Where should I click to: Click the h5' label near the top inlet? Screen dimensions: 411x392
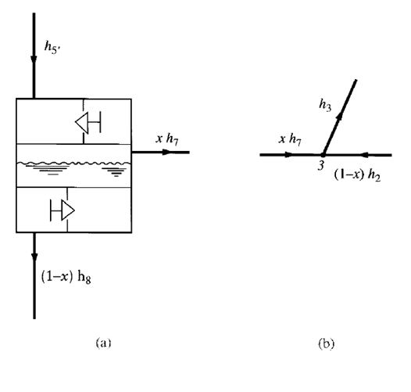coord(52,48)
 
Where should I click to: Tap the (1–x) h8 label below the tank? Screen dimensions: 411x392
coord(66,277)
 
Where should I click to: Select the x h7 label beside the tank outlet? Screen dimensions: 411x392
coord(167,139)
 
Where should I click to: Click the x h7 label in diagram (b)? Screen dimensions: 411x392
coord(290,139)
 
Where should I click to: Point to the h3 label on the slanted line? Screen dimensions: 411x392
coord(325,105)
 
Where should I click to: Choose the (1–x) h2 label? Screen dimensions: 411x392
coord(357,174)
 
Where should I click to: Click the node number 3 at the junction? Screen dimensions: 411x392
coord(321,166)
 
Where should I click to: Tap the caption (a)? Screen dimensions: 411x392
coord(104,343)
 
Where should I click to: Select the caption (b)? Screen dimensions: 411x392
coord(326,343)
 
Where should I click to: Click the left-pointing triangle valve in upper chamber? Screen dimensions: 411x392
coord(82,122)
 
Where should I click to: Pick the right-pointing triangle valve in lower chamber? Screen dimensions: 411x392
coord(68,210)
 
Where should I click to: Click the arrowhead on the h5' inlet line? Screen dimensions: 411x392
coord(34,60)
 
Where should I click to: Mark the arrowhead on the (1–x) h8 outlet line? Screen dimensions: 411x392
coord(34,259)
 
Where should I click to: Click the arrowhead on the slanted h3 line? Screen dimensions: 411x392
coord(339,116)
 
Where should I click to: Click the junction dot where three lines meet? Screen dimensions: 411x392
coord(323,155)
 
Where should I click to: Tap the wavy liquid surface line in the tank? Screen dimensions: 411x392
coord(74,164)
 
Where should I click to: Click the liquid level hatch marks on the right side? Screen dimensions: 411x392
coord(115,172)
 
